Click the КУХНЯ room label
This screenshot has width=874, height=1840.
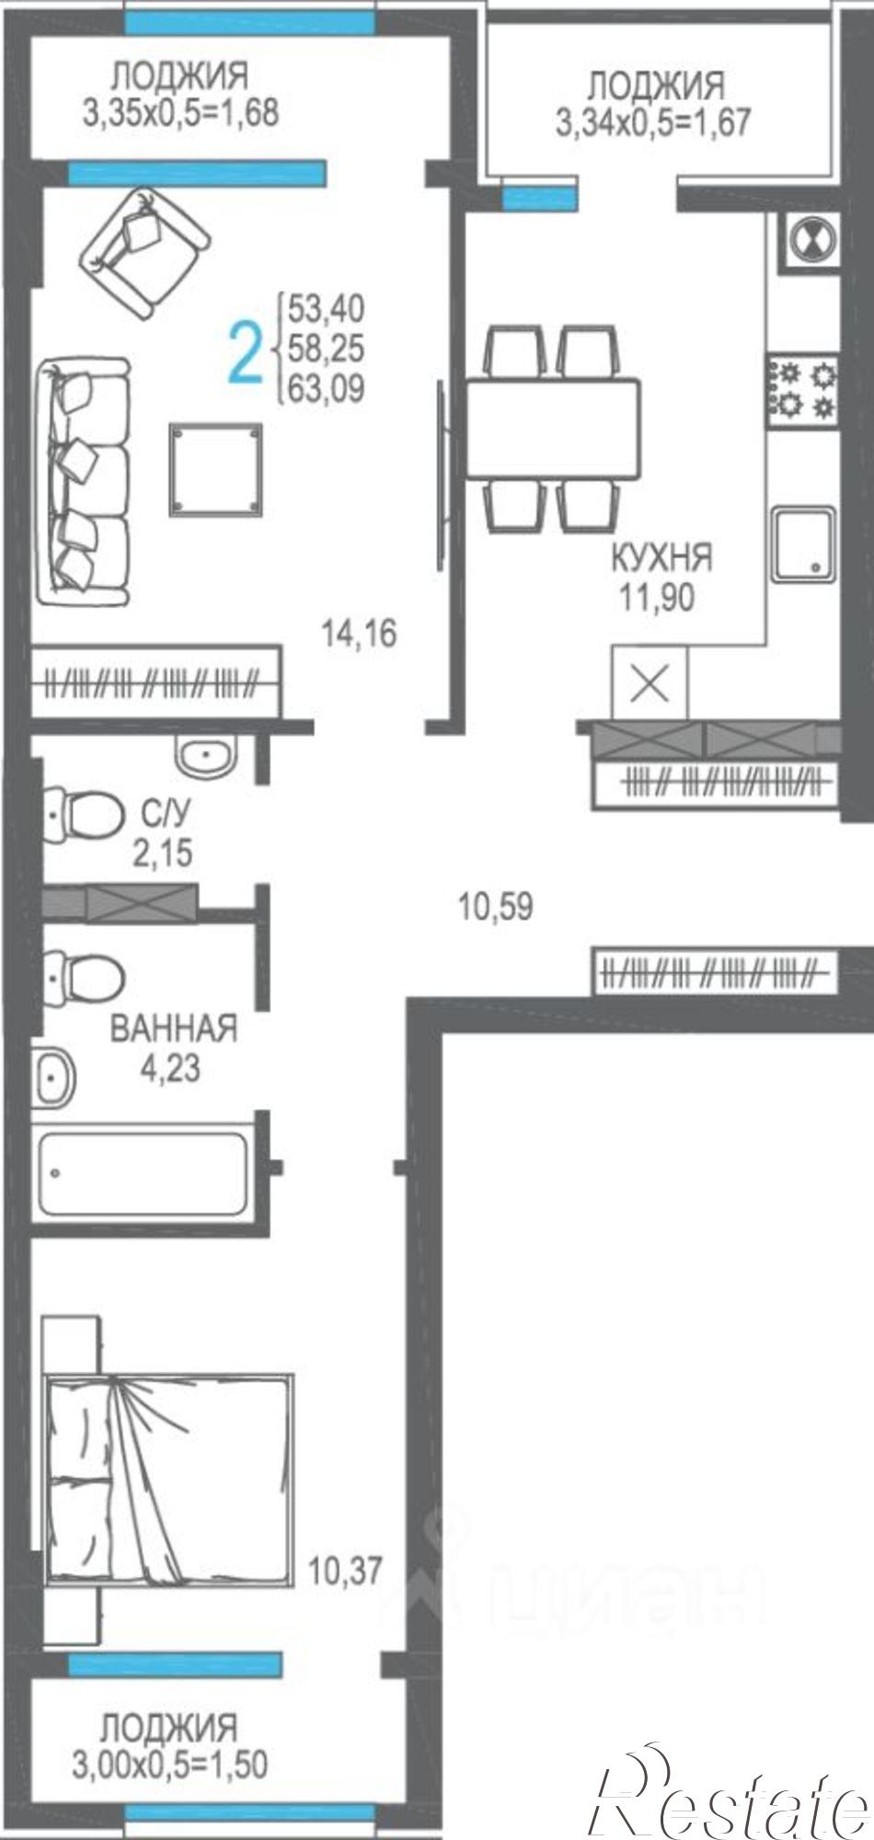click(661, 558)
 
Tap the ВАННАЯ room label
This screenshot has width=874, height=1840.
click(173, 1028)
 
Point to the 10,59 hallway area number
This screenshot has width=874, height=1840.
click(496, 907)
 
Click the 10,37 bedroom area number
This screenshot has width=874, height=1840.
click(344, 1570)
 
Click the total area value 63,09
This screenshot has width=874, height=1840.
click(326, 389)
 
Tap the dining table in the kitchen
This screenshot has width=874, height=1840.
click(553, 427)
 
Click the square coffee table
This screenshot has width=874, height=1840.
click(215, 469)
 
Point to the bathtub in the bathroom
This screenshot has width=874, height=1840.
click(143, 1173)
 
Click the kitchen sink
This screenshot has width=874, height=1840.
click(803, 545)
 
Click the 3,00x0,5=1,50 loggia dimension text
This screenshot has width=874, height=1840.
click(170, 1764)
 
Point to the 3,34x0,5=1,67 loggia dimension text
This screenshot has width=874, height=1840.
click(653, 121)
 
